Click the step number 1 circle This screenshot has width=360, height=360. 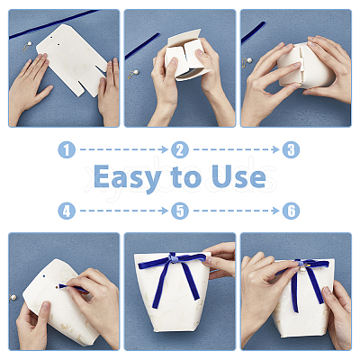click(67, 149)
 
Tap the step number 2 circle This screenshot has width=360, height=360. click(180, 149)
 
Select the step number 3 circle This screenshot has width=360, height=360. click(291, 149)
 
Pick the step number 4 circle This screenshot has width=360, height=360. click(67, 211)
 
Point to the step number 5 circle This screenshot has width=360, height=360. click(180, 211)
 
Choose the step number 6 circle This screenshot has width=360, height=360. click(291, 211)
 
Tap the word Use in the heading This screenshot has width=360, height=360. click(238, 176)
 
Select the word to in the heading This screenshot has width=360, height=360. click(186, 177)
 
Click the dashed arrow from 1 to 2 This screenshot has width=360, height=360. click(123, 149)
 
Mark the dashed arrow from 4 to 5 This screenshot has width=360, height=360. click(123, 211)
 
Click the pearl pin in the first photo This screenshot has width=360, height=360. click(27, 46)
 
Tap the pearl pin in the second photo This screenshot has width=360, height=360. click(133, 75)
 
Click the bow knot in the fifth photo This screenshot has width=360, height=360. click(173, 257)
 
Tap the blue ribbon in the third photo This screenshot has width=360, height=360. click(253, 32)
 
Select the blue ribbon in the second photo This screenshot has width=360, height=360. click(142, 46)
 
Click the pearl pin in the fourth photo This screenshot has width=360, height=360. click(13, 297)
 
